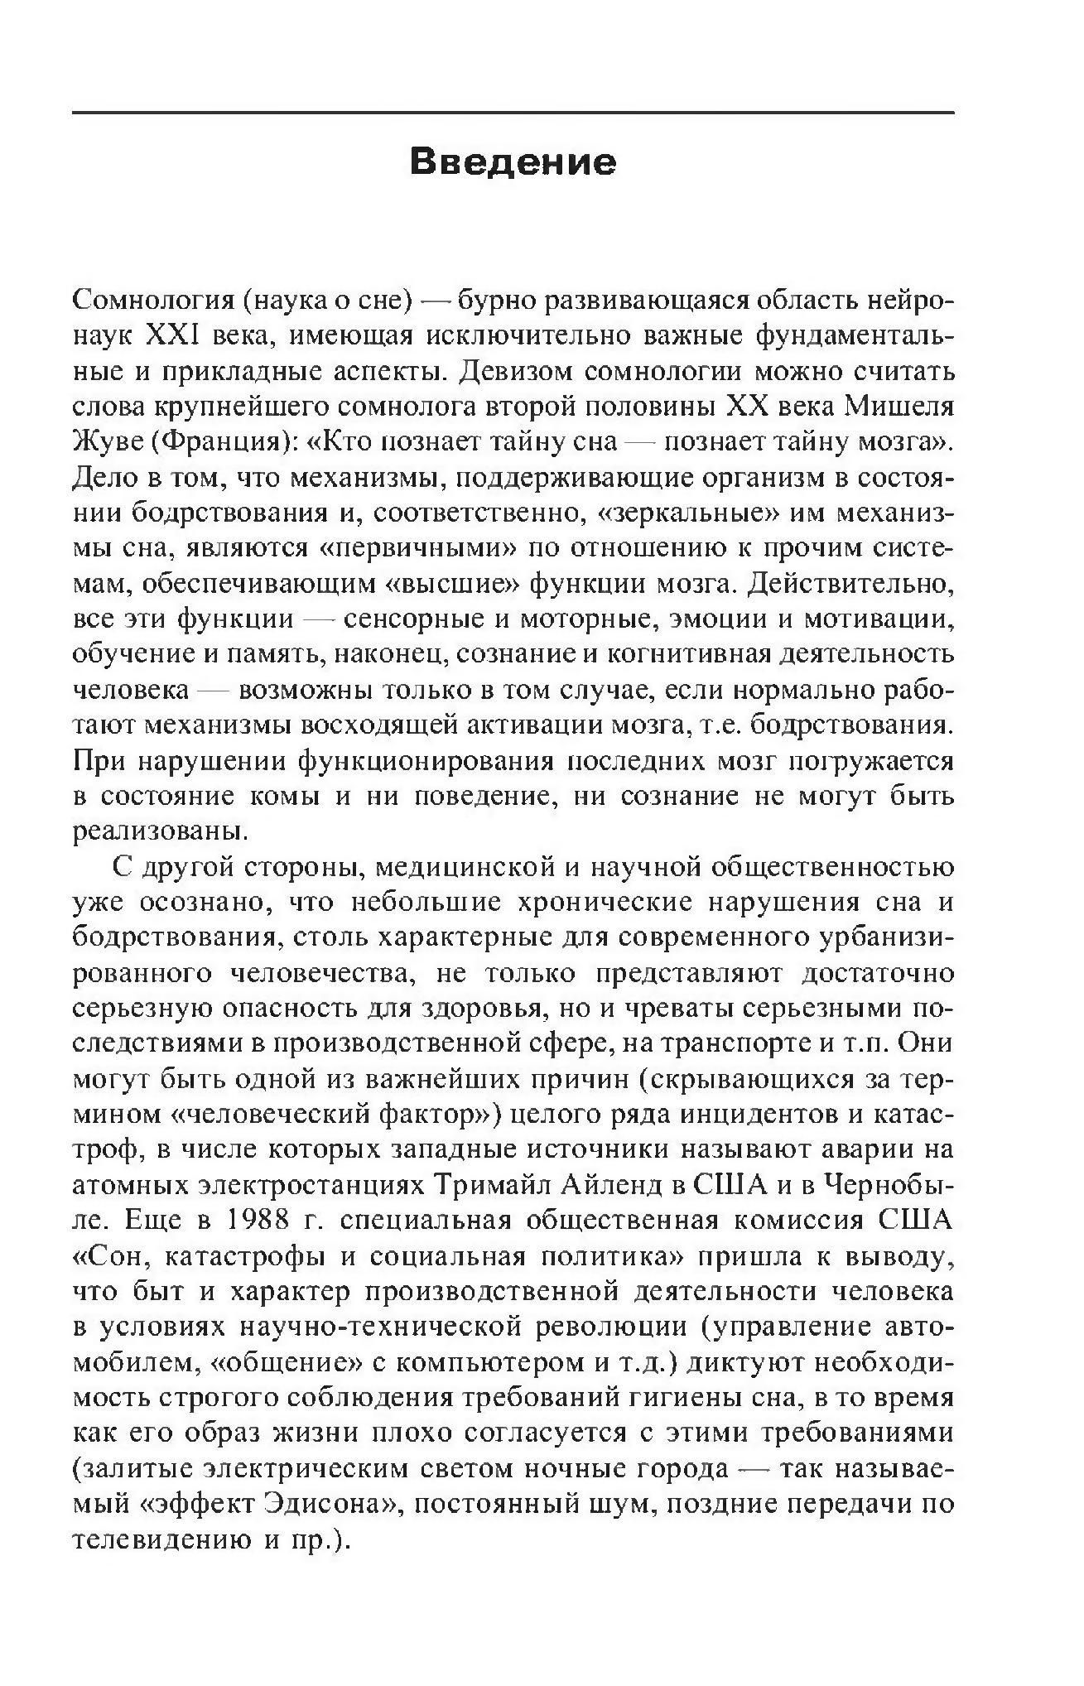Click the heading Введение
click(513, 161)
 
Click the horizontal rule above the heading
click(513, 112)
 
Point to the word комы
click(287, 796)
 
